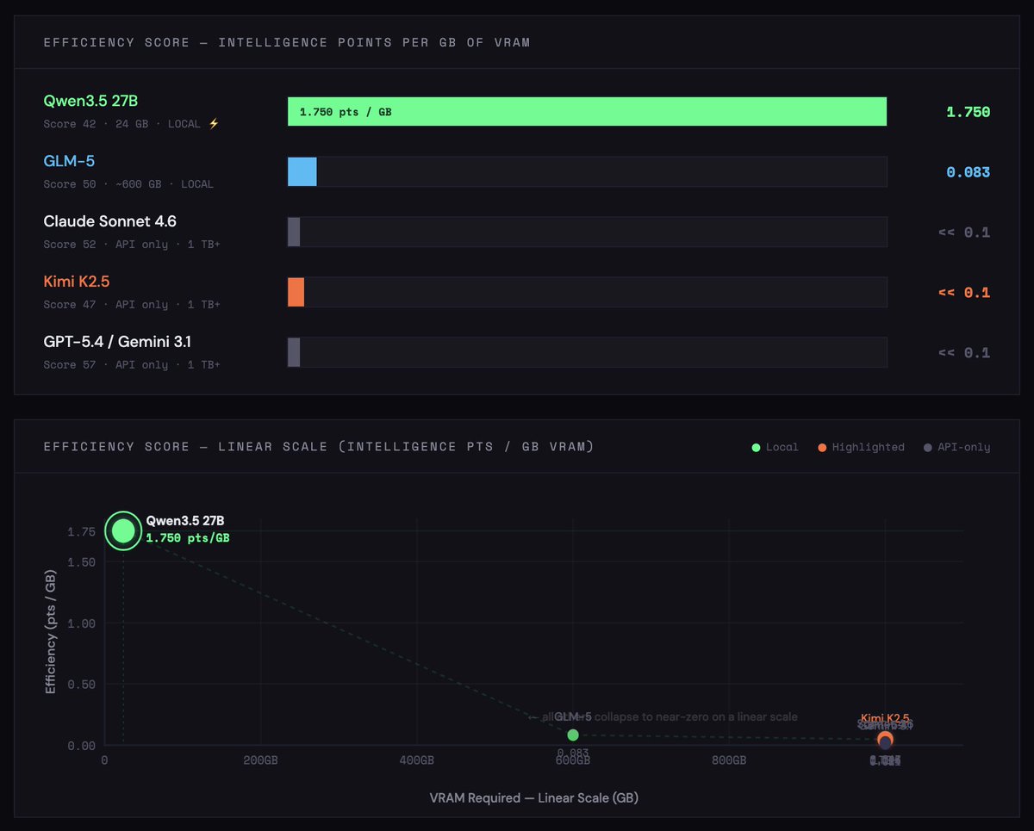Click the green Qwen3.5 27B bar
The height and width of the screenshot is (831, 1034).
(x=603, y=112)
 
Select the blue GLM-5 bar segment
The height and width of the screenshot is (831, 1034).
(x=302, y=172)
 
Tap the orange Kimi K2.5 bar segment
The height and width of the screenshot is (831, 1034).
(x=296, y=292)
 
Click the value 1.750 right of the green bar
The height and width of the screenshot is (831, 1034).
(x=968, y=112)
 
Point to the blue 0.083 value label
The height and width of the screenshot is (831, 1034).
(x=968, y=172)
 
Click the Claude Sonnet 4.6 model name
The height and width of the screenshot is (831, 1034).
(x=110, y=222)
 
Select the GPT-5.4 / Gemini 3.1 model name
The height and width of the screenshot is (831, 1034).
(x=117, y=342)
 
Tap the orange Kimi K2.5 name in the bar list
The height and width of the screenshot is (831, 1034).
(x=77, y=282)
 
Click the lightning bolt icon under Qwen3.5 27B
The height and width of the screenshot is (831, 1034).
(x=214, y=124)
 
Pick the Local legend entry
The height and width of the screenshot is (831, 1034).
(x=775, y=447)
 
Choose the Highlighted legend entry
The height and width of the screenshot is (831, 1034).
(x=861, y=447)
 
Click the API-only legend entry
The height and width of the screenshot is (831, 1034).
(x=957, y=447)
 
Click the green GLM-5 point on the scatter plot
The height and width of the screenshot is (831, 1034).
(x=573, y=735)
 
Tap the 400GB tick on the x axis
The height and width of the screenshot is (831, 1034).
(x=416, y=761)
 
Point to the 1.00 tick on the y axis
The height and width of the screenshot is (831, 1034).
(x=82, y=623)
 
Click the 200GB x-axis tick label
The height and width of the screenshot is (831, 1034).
(x=260, y=761)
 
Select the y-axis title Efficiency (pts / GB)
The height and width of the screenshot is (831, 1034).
(x=51, y=624)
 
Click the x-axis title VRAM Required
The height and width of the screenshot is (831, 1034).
(x=533, y=797)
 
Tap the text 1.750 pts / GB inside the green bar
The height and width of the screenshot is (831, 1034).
(x=346, y=112)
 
